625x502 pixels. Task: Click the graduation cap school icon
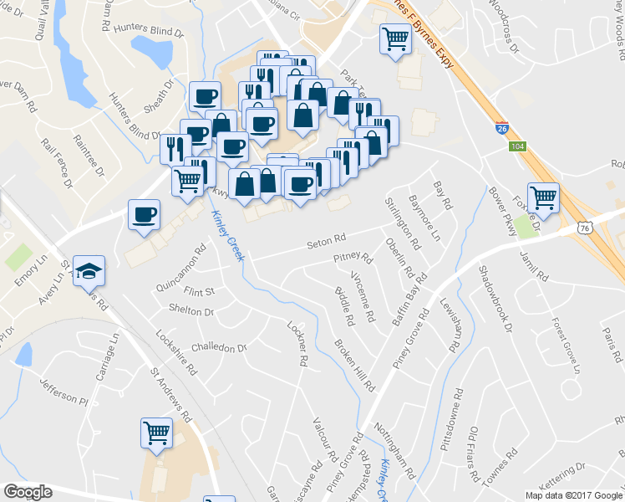[89, 271]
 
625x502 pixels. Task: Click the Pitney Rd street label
[352, 259]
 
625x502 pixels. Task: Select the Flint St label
[200, 292]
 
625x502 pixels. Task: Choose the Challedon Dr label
[220, 346]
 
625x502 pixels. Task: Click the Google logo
[28, 492]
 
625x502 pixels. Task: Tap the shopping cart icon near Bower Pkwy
[544, 197]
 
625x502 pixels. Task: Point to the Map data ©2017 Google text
[573, 495]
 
